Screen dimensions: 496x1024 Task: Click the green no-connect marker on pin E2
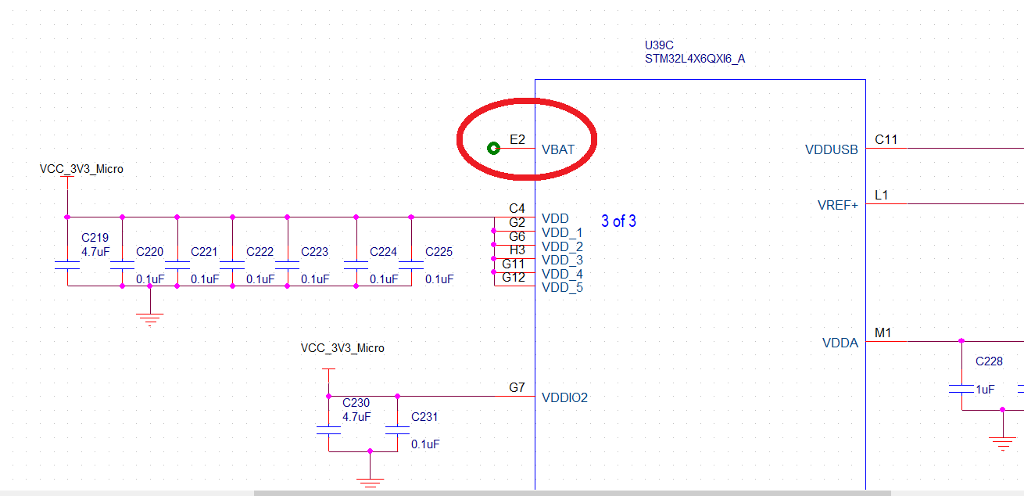click(493, 148)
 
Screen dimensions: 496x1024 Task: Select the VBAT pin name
click(558, 149)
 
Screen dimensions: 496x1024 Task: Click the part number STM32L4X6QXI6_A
click(695, 59)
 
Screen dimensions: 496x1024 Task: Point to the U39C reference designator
click(658, 45)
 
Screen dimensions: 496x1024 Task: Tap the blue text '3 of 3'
click(618, 221)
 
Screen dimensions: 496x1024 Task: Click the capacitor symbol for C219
click(67, 266)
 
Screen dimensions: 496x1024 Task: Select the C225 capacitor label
click(439, 252)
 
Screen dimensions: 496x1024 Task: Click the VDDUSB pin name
click(832, 149)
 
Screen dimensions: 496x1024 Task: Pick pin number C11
click(886, 140)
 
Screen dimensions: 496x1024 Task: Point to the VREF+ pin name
click(837, 205)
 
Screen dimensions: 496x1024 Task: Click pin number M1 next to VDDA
click(883, 333)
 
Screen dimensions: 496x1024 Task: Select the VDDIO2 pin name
click(564, 397)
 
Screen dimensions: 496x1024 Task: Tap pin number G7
click(517, 387)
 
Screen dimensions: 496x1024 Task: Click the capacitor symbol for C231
click(397, 430)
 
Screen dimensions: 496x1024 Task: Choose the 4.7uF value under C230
click(356, 416)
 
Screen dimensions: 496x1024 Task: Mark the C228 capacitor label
click(989, 361)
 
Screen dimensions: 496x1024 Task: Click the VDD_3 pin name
click(562, 260)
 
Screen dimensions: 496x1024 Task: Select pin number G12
click(514, 278)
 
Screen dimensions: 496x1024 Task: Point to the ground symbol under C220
click(150, 317)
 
